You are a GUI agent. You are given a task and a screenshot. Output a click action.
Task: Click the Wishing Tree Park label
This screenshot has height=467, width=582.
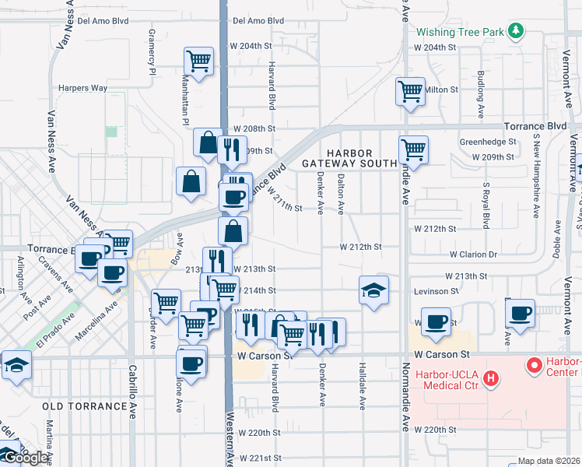click(459, 33)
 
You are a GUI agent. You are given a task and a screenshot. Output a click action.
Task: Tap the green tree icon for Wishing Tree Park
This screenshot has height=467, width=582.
click(515, 31)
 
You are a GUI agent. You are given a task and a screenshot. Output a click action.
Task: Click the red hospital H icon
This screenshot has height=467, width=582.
click(491, 379)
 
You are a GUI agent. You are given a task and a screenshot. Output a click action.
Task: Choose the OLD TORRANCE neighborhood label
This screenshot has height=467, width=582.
click(84, 406)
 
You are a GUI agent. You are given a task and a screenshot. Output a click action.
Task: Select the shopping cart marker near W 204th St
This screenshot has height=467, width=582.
click(199, 61)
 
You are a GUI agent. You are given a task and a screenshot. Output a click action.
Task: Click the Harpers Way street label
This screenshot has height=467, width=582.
click(82, 88)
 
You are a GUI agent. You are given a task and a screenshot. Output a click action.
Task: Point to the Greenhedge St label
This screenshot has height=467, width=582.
click(488, 142)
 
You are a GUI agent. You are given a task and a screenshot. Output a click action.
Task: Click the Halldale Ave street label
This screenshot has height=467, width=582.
click(363, 385)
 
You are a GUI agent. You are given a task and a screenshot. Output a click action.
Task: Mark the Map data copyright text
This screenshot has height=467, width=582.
click(548, 461)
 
